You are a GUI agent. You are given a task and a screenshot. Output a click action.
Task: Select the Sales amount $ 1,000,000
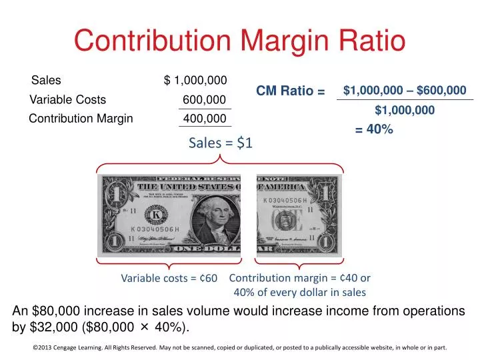pyautogui.click(x=195, y=81)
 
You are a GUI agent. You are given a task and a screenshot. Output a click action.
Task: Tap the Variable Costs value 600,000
pyautogui.click(x=204, y=100)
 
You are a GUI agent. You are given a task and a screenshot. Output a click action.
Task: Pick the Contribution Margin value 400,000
pyautogui.click(x=205, y=119)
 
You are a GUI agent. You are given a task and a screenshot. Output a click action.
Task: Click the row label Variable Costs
pyautogui.click(x=68, y=100)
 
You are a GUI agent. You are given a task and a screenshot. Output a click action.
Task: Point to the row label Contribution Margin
pyautogui.click(x=81, y=119)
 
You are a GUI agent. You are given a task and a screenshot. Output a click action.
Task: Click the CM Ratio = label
pyautogui.click(x=290, y=91)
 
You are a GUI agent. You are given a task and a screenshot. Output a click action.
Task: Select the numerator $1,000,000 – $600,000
pyautogui.click(x=405, y=90)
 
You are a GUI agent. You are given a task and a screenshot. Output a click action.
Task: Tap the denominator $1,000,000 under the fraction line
pyautogui.click(x=405, y=111)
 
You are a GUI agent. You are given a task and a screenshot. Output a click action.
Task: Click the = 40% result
pyautogui.click(x=374, y=131)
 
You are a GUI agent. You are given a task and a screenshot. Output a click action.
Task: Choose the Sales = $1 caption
pyautogui.click(x=220, y=142)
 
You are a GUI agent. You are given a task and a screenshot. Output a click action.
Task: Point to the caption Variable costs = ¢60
pyautogui.click(x=169, y=278)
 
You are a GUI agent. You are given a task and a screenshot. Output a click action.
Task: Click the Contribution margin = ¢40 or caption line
pyautogui.click(x=299, y=278)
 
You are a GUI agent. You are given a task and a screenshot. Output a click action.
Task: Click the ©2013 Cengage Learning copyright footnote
pyautogui.click(x=239, y=347)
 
